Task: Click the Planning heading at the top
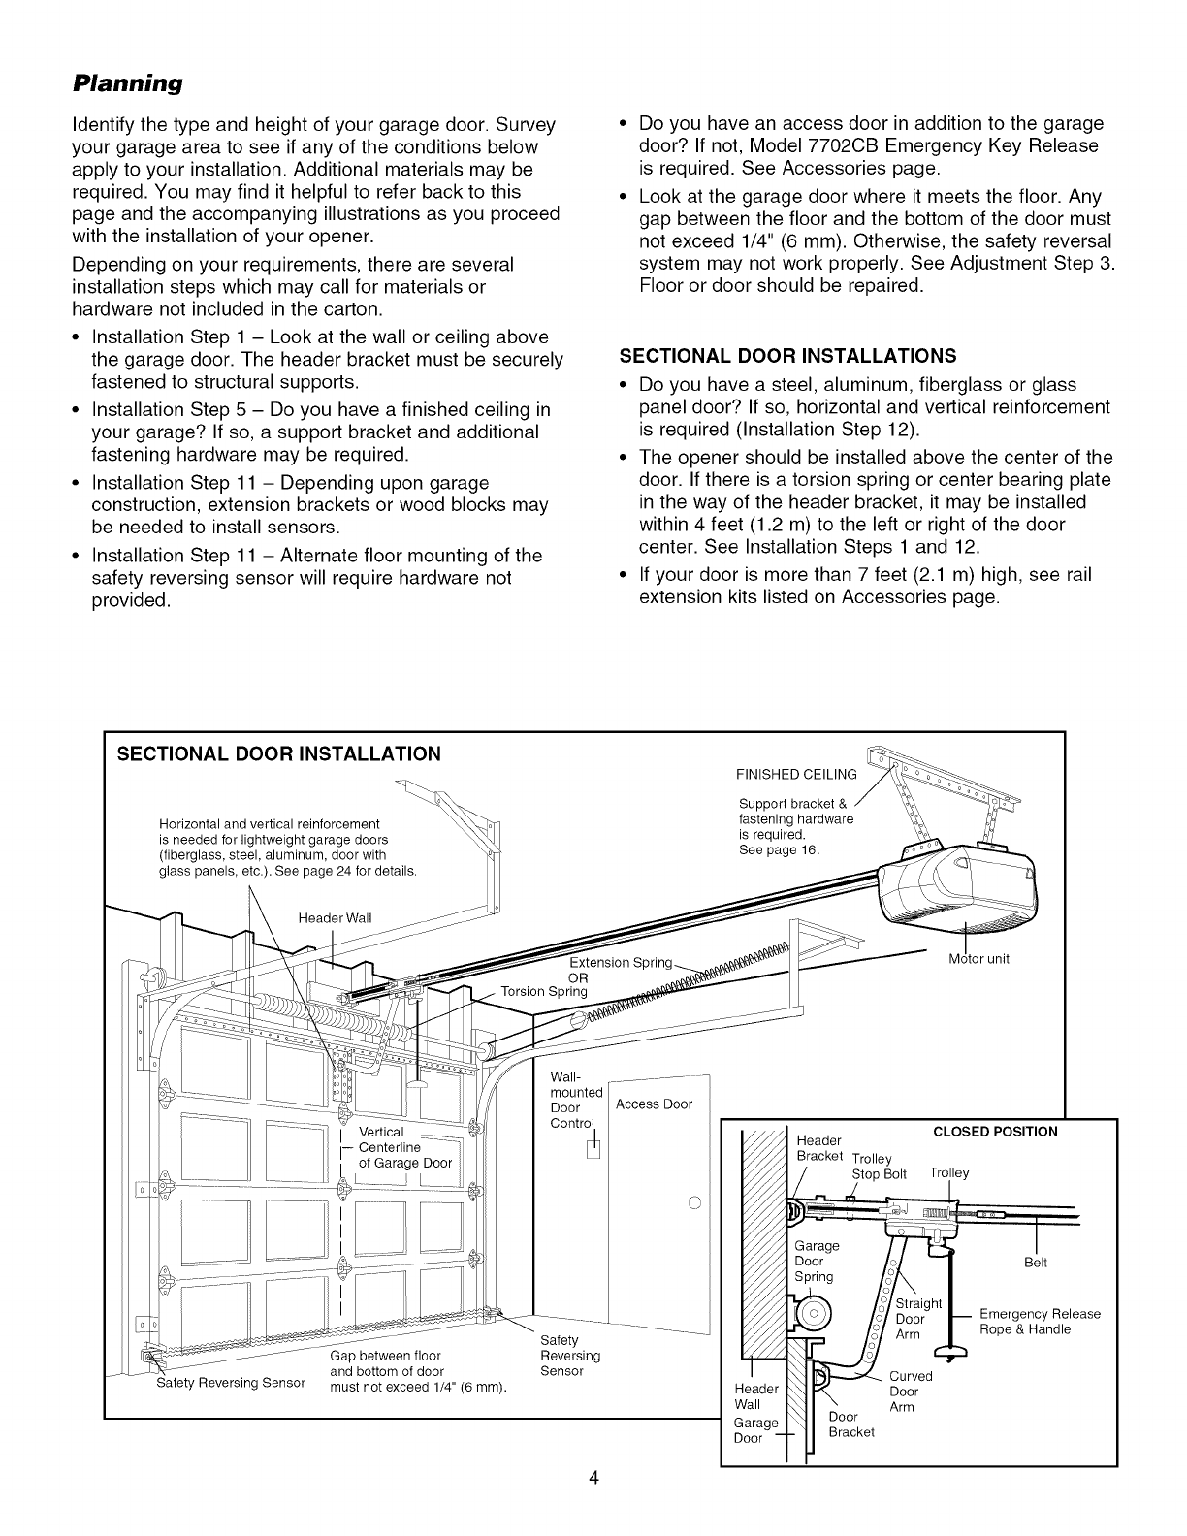coord(128,82)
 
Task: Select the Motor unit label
coord(978,959)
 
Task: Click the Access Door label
coord(655,1104)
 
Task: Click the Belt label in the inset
coord(1036,1264)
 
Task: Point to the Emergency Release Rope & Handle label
coord(1040,1321)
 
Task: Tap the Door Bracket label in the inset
coord(851,1424)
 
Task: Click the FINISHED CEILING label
coord(796,774)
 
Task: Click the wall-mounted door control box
coord(594,1150)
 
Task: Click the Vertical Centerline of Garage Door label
coord(403,1147)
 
